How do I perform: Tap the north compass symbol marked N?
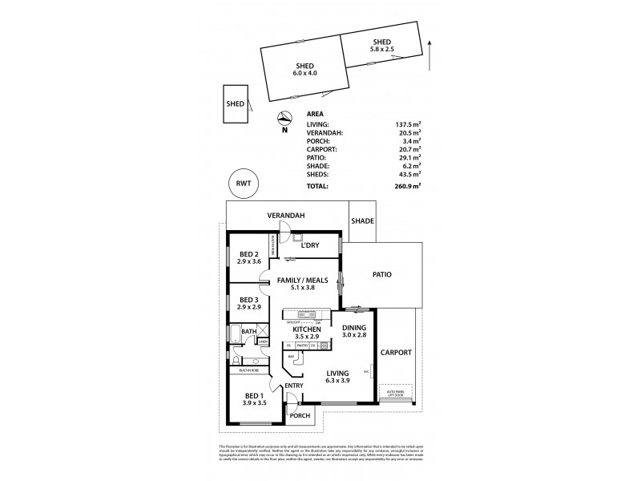284,121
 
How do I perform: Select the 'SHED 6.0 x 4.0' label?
304,70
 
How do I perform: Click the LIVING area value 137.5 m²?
409,124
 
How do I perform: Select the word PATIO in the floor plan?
381,274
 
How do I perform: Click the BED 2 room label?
250,257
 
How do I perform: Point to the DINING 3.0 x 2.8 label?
354,331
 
